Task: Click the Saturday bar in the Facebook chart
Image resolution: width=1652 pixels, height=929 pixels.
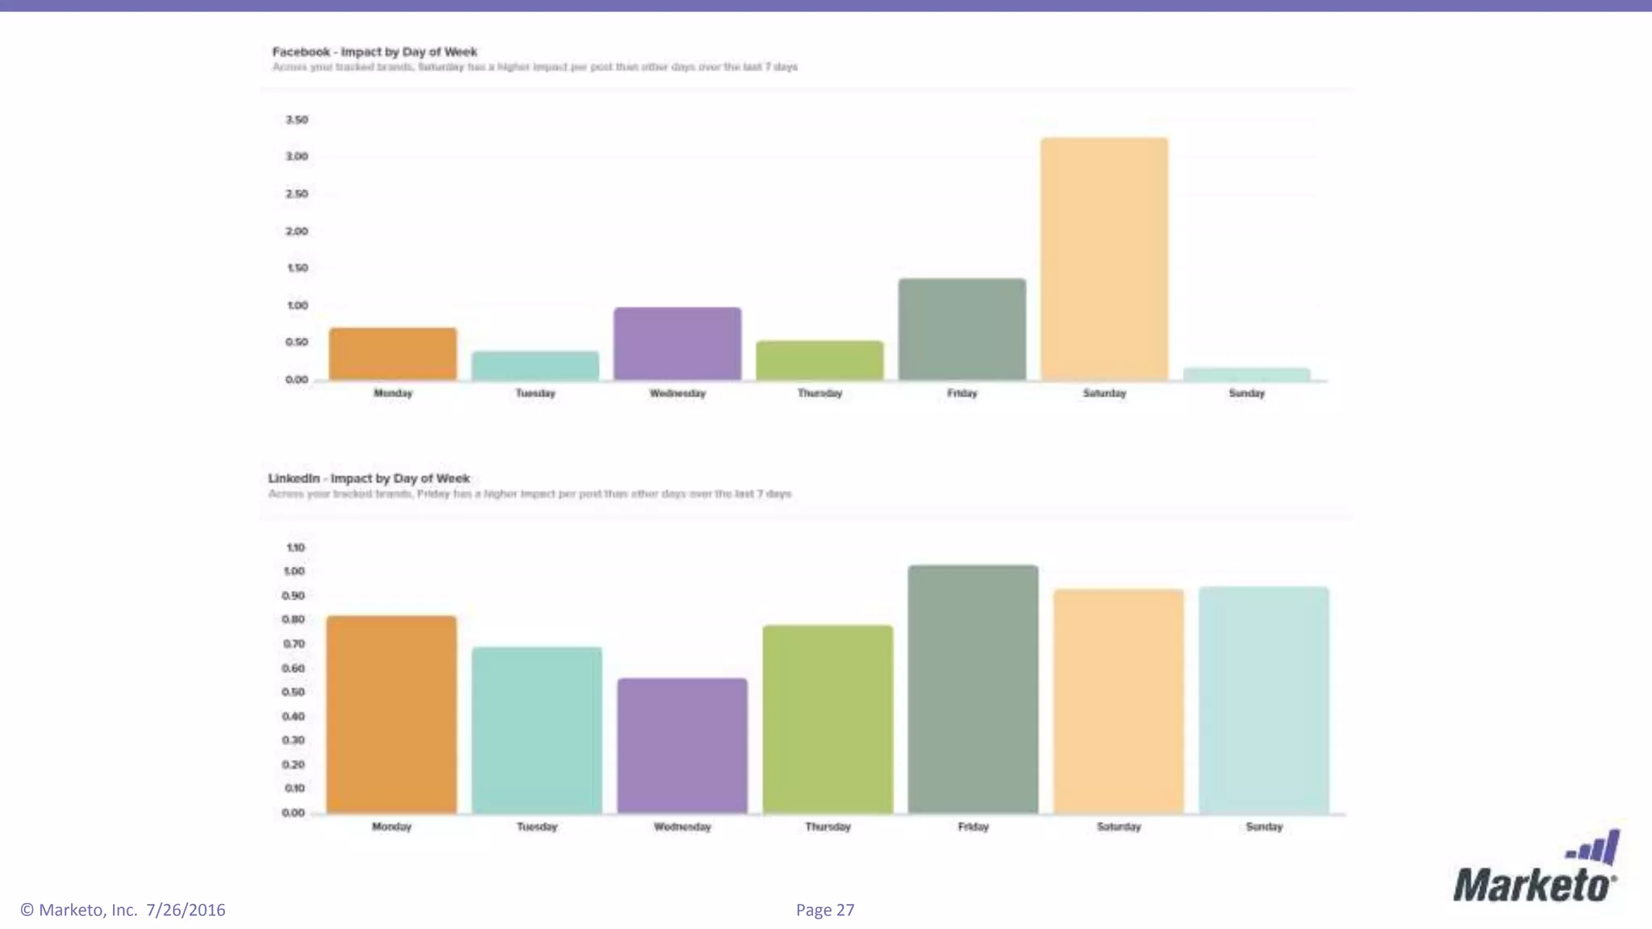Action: pos(1103,258)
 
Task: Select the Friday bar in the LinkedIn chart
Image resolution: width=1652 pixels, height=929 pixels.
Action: pos(973,689)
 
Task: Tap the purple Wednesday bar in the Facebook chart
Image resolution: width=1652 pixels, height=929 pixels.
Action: pos(677,344)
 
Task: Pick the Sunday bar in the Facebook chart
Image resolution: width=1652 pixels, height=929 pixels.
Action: pos(1246,374)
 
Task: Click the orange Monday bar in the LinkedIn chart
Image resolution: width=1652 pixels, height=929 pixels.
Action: pos(391,714)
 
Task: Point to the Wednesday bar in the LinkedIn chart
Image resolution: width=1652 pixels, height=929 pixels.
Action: pos(682,746)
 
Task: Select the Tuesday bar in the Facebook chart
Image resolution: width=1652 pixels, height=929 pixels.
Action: pos(535,365)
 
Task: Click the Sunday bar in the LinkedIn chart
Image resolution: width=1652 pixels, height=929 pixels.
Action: pos(1263,700)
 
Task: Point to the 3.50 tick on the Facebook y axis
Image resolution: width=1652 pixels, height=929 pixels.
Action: pos(297,119)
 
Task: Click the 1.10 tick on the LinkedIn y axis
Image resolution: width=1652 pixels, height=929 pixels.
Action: pos(295,548)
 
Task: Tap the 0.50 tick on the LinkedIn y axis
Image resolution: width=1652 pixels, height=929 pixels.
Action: pos(294,692)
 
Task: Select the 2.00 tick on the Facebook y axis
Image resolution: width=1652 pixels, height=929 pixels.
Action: pos(297,231)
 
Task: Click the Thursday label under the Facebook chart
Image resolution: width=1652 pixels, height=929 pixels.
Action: pos(820,394)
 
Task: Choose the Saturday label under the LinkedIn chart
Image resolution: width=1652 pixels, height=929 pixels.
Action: pos(1119,827)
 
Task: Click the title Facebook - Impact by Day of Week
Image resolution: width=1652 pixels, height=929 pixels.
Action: pos(374,52)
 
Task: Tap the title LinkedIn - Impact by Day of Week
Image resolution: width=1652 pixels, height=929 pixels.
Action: pos(369,478)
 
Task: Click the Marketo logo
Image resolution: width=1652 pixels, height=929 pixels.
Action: pos(1536,869)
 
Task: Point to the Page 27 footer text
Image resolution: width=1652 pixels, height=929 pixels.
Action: pos(824,910)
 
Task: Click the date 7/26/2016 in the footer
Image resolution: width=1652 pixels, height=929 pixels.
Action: pos(186,910)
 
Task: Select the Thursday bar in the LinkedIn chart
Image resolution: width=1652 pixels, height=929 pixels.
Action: pos(828,719)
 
